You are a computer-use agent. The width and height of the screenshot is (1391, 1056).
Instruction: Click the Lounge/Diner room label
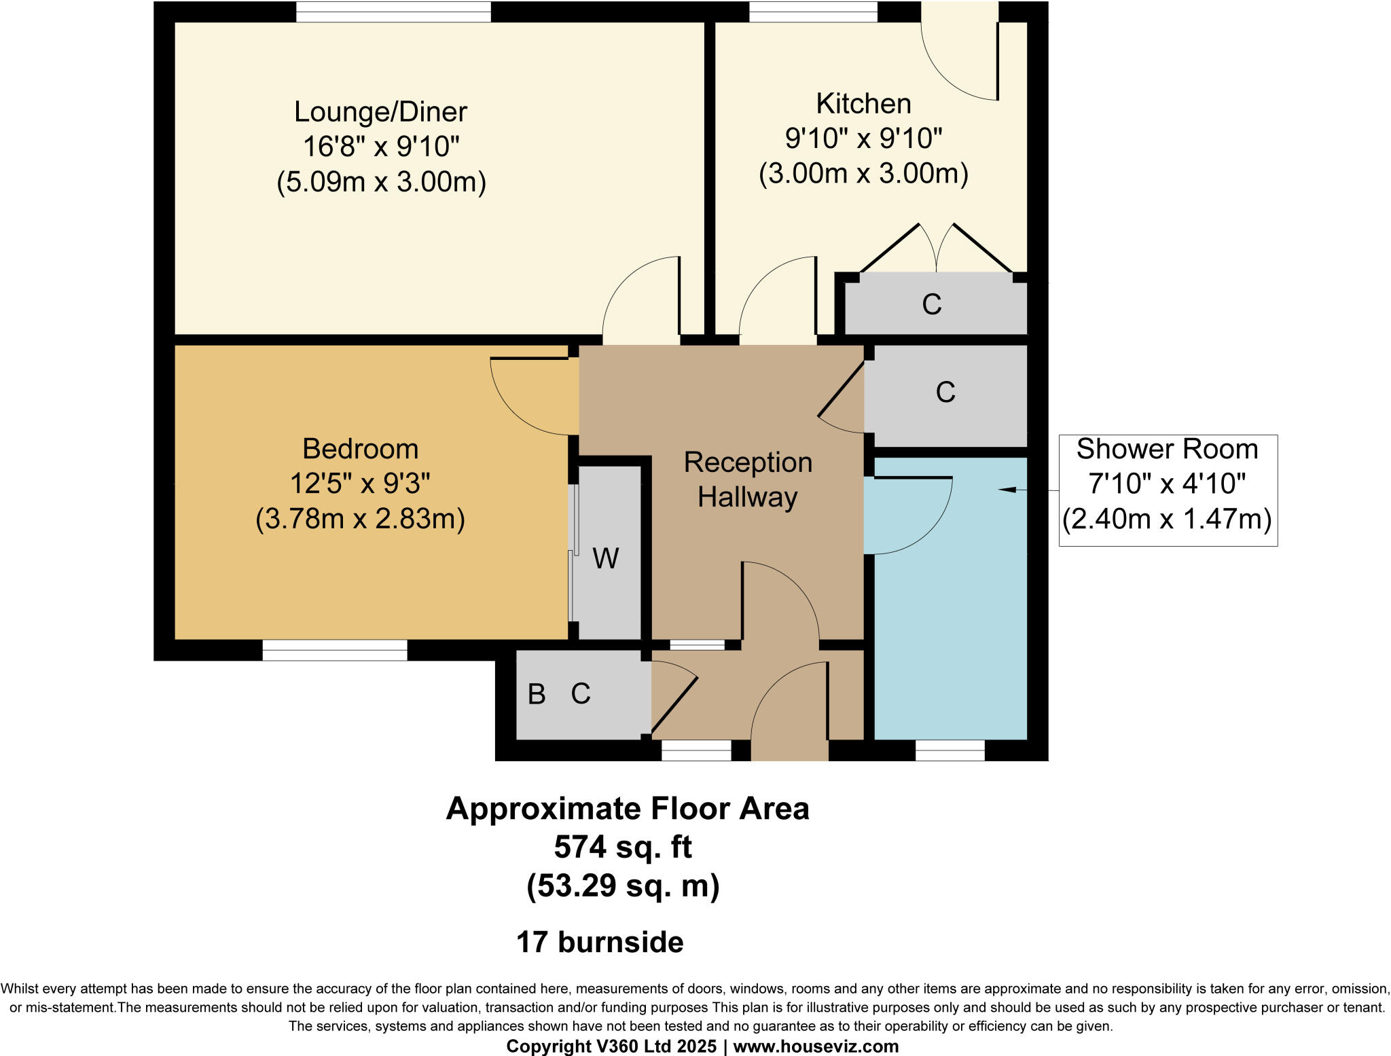pos(380,112)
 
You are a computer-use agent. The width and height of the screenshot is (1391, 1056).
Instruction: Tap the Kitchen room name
pos(863,103)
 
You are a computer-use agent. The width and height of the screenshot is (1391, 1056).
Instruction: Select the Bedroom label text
pos(360,449)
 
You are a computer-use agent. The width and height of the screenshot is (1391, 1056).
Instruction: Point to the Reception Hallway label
pos(748,479)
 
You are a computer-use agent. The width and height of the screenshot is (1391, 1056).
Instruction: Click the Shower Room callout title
pos(1167,449)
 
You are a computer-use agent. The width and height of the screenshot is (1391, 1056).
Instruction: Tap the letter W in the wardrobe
pos(606,558)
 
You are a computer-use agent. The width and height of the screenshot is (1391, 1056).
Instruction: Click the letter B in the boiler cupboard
pos(537,693)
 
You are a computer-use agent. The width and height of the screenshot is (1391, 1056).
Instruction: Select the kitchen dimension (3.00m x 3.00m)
pos(863,173)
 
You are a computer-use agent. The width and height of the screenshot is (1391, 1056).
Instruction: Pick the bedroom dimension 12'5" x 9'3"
pos(360,484)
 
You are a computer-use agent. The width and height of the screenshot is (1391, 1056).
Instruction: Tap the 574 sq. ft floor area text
pos(623,847)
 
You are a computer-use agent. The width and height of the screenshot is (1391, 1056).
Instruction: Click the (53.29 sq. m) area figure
pos(623,886)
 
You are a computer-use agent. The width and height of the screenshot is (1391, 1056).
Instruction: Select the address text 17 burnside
pos(600,943)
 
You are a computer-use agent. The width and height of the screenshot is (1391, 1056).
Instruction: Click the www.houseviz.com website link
pos(816,1046)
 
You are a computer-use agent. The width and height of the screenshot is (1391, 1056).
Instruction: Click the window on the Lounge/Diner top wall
pos(393,12)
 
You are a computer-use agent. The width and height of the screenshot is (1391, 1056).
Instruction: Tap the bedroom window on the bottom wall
pos(335,650)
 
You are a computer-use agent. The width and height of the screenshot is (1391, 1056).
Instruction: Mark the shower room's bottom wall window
pos(950,750)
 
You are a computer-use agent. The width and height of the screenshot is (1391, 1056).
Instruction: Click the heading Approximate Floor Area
pos(628,809)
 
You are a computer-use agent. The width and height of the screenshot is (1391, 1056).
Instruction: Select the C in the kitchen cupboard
pos(932,304)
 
